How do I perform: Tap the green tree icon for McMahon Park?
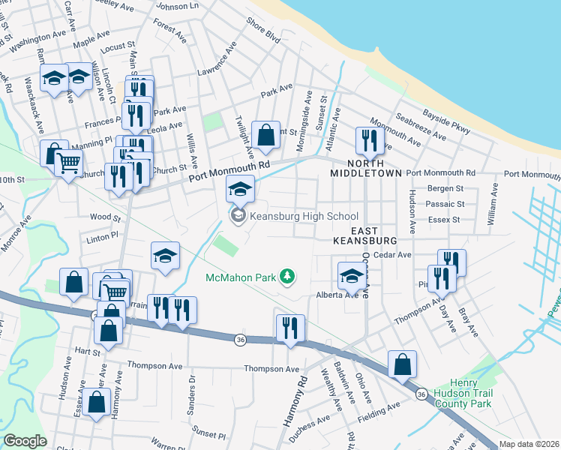tap(286, 277)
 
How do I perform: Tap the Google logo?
tap(25, 441)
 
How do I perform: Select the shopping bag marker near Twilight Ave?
tap(265, 136)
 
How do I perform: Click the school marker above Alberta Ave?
tap(351, 275)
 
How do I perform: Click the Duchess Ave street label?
tap(309, 422)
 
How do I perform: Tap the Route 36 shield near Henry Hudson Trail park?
tap(421, 394)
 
